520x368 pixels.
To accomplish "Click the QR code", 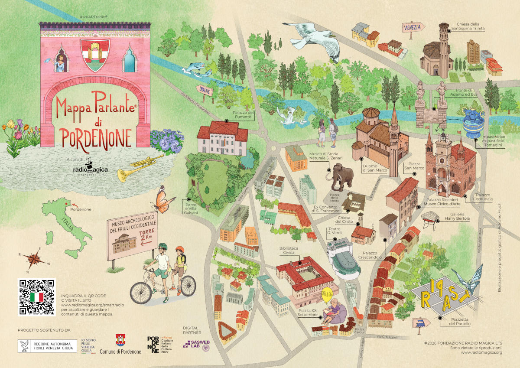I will [x=37, y=296].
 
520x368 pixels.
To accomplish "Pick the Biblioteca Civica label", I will [x=289, y=251].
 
